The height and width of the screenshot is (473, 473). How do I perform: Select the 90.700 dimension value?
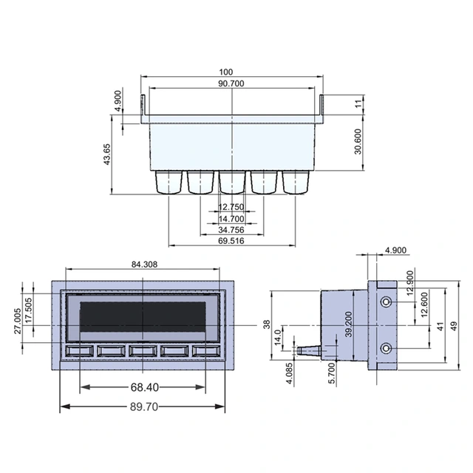click(232, 84)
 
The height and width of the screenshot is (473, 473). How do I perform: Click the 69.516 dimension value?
click(231, 241)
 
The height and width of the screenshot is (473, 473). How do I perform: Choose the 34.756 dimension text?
click(231, 230)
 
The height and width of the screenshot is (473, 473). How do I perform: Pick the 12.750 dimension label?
click(231, 208)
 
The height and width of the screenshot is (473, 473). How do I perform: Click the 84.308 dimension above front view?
click(144, 264)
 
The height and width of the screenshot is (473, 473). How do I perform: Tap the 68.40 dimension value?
click(144, 387)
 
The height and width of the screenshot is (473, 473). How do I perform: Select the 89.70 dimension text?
click(144, 407)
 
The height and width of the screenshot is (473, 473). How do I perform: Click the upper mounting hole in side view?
click(386, 302)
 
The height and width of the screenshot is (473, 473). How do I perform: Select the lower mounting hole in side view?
click(386, 348)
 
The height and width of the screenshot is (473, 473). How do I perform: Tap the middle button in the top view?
click(232, 181)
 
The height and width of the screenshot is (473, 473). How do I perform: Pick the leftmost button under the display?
click(80, 351)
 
